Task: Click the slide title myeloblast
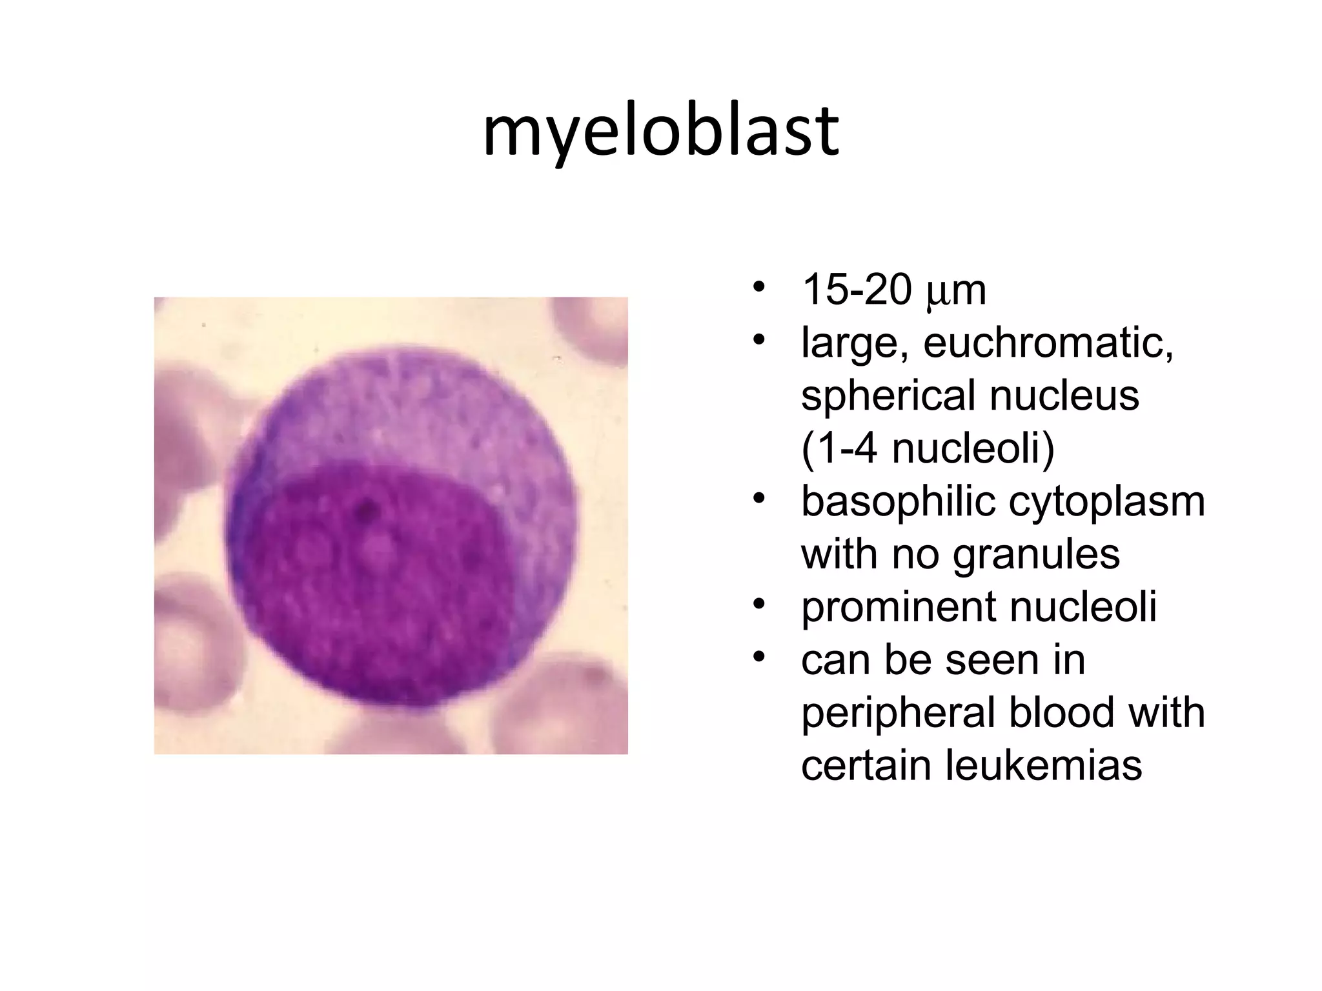[660, 132]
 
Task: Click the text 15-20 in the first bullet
[856, 290]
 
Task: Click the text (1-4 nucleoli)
[928, 448]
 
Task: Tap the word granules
[1036, 554]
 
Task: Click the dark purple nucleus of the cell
[374, 581]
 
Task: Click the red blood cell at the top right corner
[597, 329]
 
